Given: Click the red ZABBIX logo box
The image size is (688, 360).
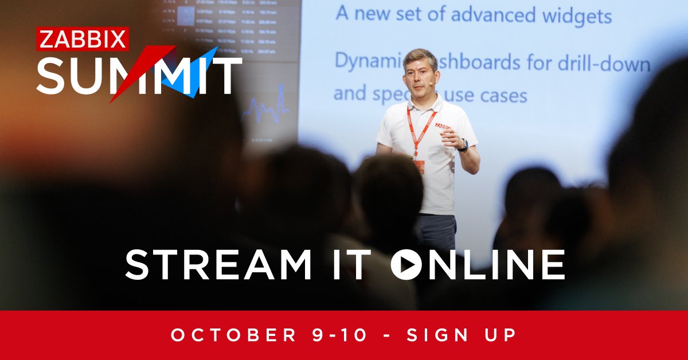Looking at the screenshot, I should (x=83, y=39).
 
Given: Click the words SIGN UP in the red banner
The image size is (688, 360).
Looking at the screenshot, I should (x=462, y=335).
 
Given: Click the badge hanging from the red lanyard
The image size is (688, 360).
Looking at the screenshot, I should (x=419, y=166).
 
